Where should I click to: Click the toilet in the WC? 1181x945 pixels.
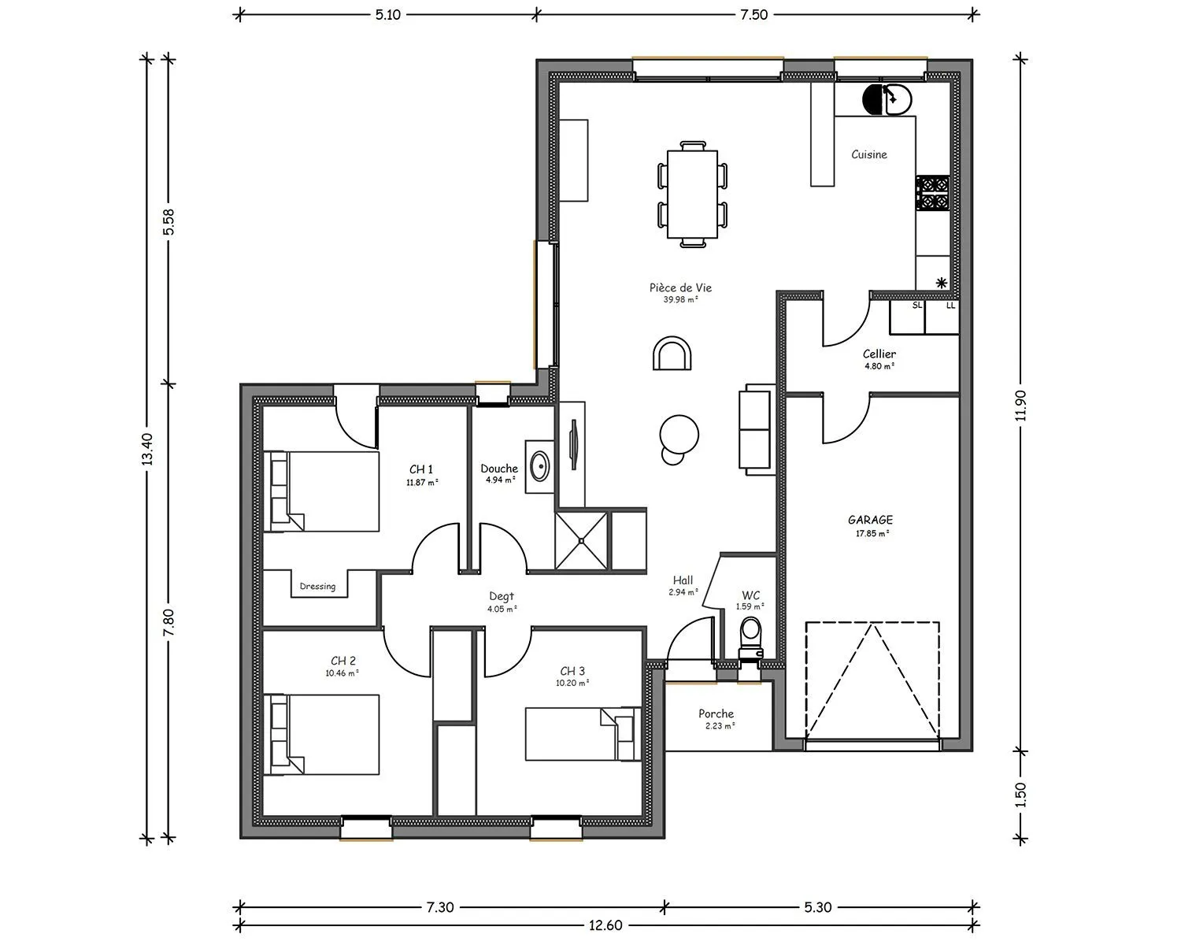pyautogui.click(x=751, y=638)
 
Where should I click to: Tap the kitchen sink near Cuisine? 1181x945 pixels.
pyautogui.click(x=887, y=99)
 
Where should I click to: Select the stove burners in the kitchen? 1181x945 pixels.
pyautogui.click(x=933, y=193)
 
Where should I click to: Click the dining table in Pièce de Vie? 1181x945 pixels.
pyautogui.click(x=693, y=195)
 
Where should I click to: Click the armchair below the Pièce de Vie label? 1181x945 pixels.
pyautogui.click(x=672, y=354)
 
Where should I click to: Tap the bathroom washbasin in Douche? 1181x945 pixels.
pyautogui.click(x=539, y=467)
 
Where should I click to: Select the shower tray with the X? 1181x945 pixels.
pyautogui.click(x=581, y=541)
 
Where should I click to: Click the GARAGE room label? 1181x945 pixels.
pyautogui.click(x=870, y=520)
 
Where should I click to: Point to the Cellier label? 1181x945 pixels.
pyautogui.click(x=879, y=354)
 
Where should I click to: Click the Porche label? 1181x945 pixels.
pyautogui.click(x=716, y=713)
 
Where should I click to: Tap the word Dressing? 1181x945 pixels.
pyautogui.click(x=317, y=587)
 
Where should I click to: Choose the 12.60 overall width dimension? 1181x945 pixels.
pyautogui.click(x=605, y=925)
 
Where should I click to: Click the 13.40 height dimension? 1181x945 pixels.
pyautogui.click(x=147, y=449)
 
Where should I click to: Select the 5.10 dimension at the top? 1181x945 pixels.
pyautogui.click(x=388, y=15)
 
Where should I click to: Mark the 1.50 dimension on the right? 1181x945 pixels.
pyautogui.click(x=1020, y=795)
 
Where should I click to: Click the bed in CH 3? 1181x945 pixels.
pyautogui.click(x=583, y=734)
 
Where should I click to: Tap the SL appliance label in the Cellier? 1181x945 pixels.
pyautogui.click(x=917, y=306)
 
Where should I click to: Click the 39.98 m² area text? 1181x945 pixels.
pyautogui.click(x=680, y=300)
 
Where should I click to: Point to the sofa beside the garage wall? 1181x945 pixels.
pyautogui.click(x=757, y=429)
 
